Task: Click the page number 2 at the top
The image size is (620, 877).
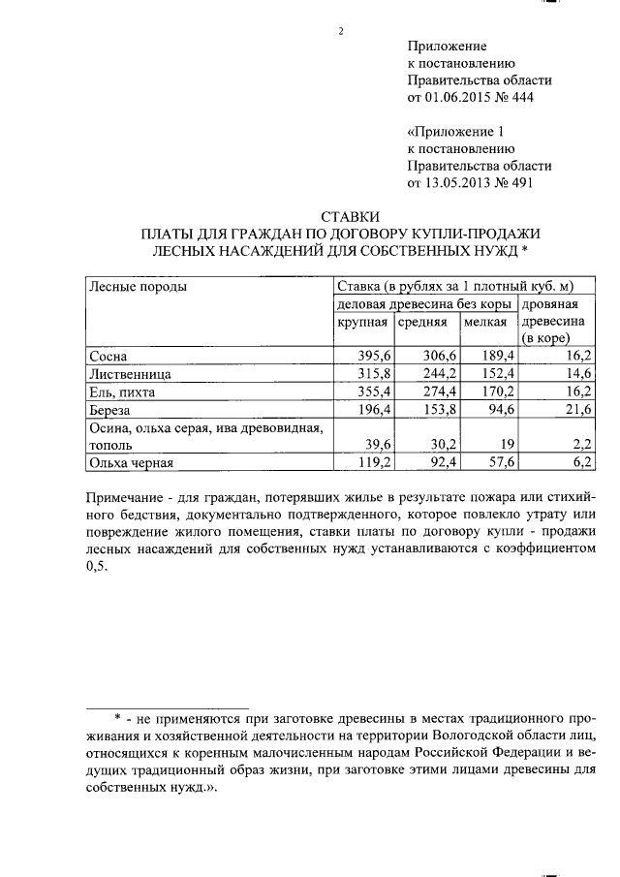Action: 341,31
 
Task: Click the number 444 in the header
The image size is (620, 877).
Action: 518,98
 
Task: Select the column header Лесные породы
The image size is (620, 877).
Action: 138,286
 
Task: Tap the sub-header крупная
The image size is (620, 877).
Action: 362,322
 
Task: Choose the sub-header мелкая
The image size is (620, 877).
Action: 485,322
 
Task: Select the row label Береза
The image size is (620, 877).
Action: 110,410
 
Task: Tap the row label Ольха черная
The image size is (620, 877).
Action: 131,463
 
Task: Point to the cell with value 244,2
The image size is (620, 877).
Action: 438,374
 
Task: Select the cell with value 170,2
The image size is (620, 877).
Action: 497,392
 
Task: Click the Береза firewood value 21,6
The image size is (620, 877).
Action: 578,410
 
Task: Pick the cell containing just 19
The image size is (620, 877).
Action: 506,446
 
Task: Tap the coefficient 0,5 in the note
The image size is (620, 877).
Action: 98,569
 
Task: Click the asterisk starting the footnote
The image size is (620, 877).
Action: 115,719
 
